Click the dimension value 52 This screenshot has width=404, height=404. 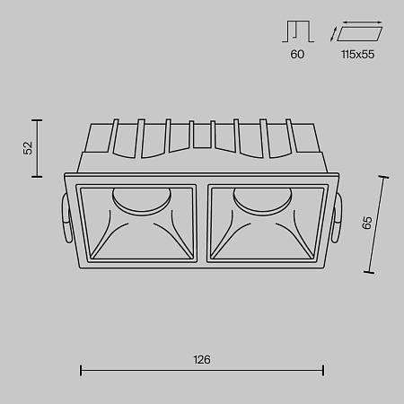(x=28, y=147)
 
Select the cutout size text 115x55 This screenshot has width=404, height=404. (x=357, y=55)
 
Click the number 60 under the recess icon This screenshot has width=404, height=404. (x=298, y=55)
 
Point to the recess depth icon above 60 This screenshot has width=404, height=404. (x=298, y=32)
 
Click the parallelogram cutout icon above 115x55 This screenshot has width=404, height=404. (x=356, y=32)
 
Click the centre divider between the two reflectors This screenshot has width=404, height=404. (x=202, y=224)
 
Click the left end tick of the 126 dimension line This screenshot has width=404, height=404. (x=82, y=367)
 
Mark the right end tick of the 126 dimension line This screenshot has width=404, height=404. (x=323, y=367)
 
